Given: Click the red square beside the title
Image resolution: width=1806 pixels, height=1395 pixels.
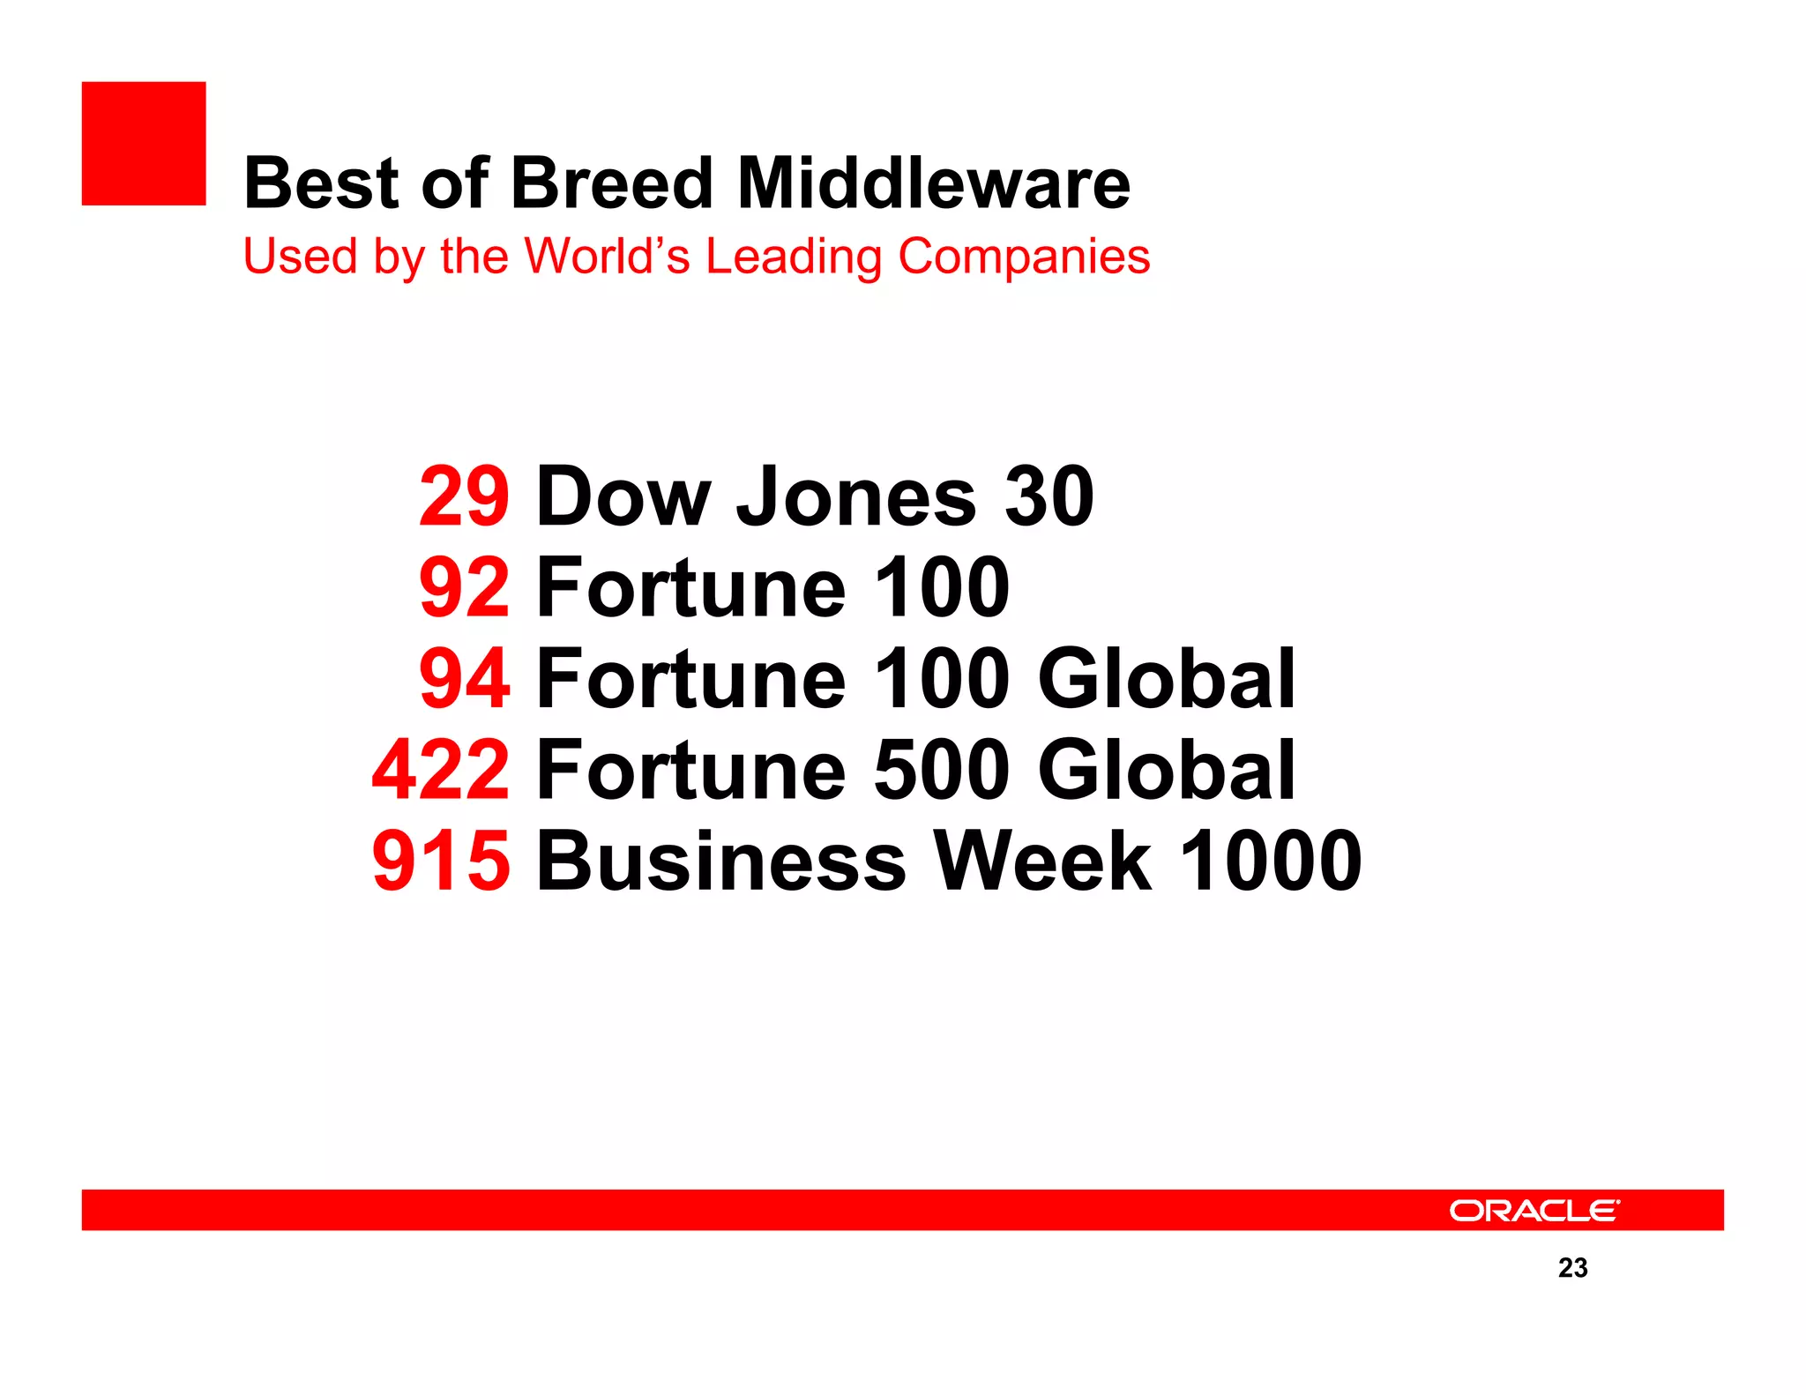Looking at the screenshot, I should (x=144, y=144).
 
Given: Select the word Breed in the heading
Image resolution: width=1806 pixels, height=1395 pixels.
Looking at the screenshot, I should (x=611, y=183).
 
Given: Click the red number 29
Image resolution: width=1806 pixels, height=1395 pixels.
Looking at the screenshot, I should (x=464, y=496).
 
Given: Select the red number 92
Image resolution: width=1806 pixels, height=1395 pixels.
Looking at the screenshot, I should (x=464, y=587).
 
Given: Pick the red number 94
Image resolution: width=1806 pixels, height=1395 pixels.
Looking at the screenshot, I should (x=464, y=678).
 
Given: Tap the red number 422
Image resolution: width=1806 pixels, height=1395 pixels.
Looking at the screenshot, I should (x=441, y=770).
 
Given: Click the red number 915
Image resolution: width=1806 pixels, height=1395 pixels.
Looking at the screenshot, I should (x=441, y=861).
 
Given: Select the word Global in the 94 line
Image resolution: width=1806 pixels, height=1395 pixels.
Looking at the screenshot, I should (x=1167, y=678).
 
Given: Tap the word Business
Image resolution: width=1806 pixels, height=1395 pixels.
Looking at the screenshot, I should (x=720, y=861).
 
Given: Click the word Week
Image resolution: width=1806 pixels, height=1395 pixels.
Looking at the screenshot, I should (x=1042, y=861).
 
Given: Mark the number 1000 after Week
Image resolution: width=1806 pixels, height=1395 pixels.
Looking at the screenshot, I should (x=1270, y=861).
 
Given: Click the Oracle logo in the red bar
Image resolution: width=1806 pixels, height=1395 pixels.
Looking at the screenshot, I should (x=1534, y=1210).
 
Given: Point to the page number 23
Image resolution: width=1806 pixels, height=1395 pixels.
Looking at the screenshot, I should (x=1572, y=1267).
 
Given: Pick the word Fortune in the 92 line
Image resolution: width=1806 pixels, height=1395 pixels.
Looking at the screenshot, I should (x=690, y=587).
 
